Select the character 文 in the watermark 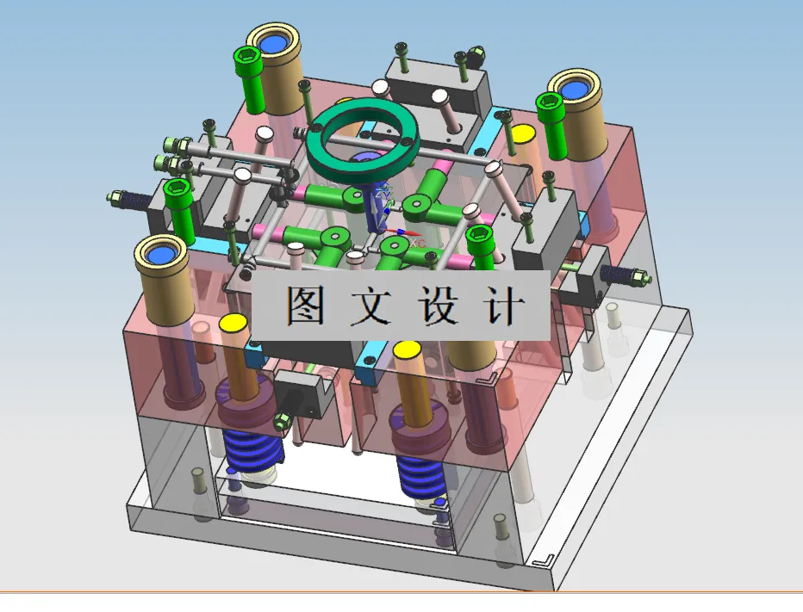pos(370,306)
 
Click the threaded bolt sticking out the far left pos(129,200)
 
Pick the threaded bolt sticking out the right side pos(622,275)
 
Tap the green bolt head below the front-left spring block pos(281,421)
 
